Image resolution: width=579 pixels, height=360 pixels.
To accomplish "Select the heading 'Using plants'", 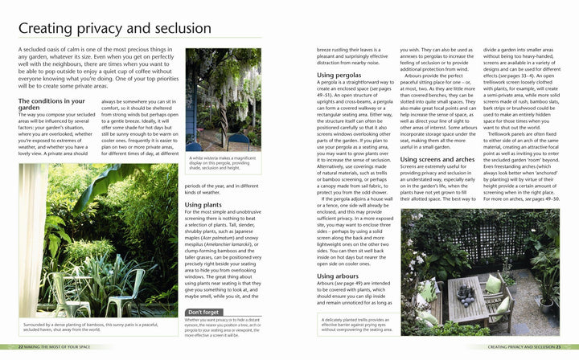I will (204, 205).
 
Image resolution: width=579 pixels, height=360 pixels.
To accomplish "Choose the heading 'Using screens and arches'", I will (442, 159).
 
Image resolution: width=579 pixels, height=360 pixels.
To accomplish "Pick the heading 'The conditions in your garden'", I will (51, 104).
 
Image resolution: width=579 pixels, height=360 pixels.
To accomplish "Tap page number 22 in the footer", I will (21, 347).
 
